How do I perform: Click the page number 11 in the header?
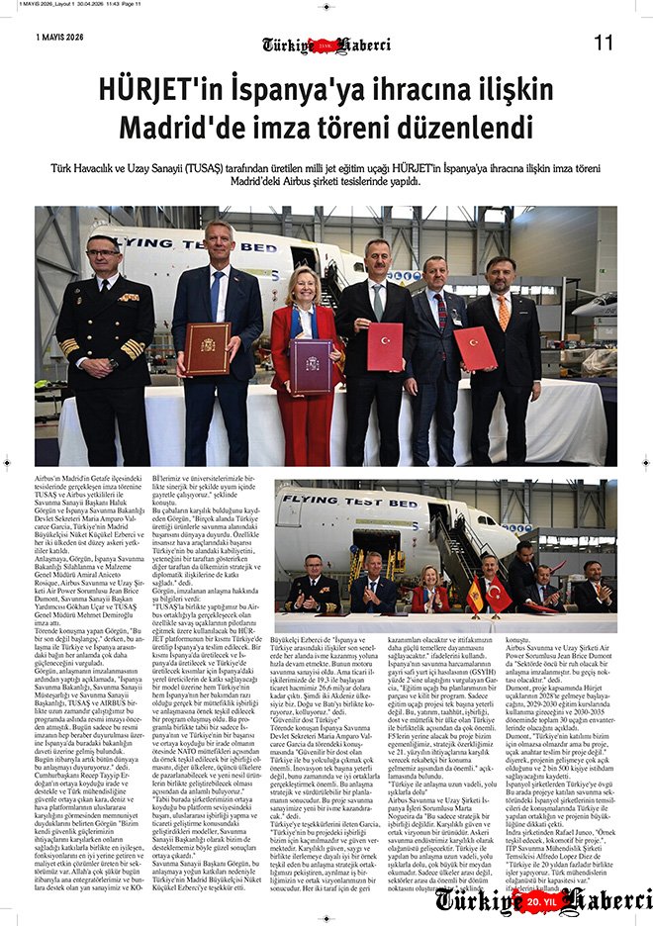click(604, 43)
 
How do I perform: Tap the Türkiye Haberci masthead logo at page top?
click(326, 45)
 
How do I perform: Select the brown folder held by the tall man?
click(207, 348)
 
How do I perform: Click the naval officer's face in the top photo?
click(104, 260)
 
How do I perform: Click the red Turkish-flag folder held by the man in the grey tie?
click(385, 347)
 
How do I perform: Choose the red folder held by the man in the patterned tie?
click(474, 347)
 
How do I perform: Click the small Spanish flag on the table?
click(475, 595)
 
